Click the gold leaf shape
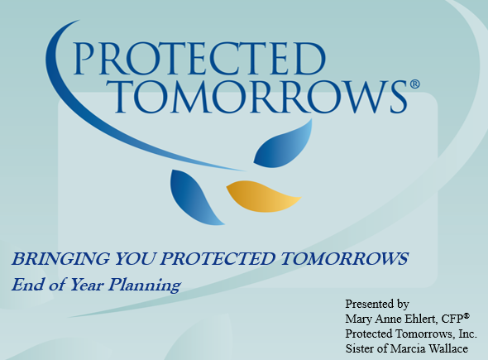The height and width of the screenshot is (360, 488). pos(262,195)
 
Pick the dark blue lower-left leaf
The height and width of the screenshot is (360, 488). pos(195,195)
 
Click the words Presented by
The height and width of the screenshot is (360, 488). pos(376,304)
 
